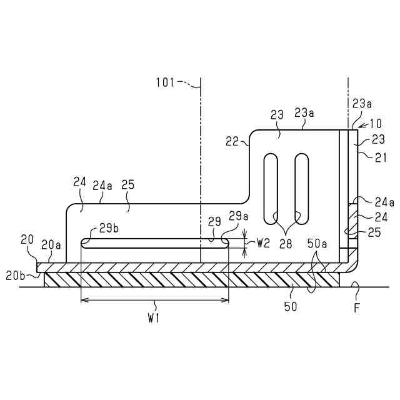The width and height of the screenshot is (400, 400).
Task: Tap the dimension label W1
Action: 154,319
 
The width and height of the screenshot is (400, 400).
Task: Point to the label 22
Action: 232,142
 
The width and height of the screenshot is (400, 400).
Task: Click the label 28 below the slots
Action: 286,244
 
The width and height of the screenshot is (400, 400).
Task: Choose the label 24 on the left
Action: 79,182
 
